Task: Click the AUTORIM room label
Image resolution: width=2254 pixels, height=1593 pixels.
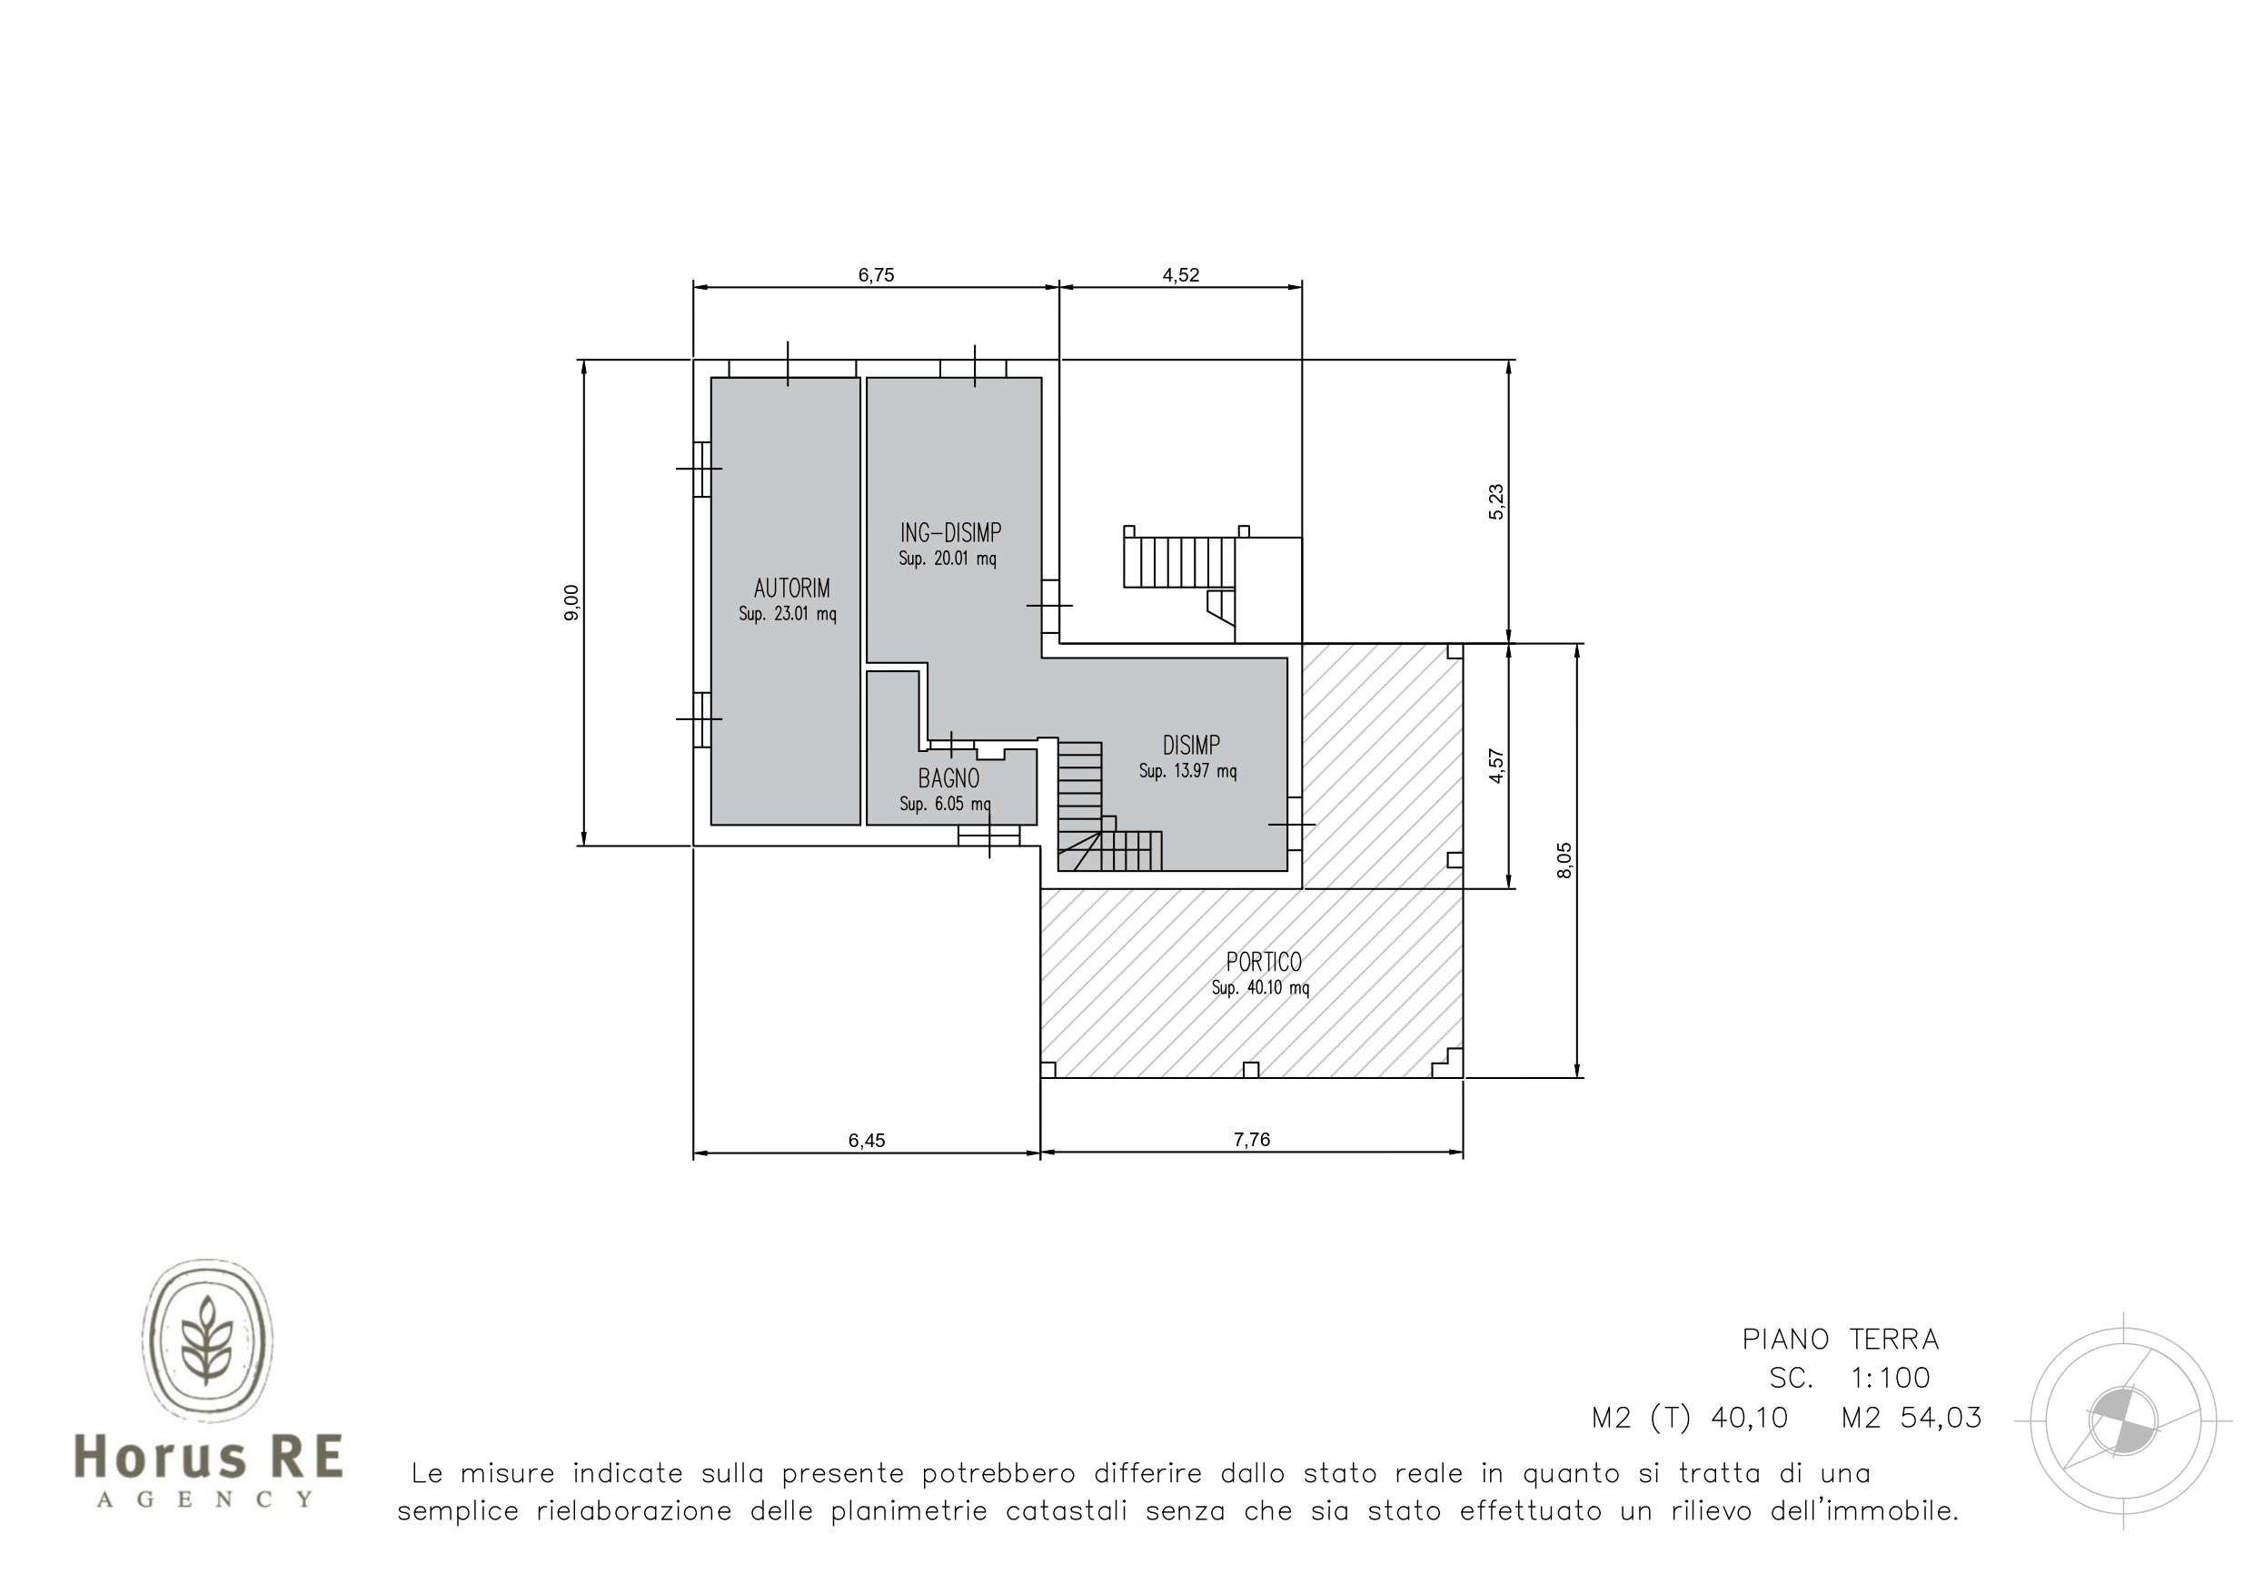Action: [791, 588]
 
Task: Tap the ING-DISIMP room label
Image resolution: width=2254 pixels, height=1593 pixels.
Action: [950, 533]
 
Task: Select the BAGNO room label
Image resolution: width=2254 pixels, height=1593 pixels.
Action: [948, 778]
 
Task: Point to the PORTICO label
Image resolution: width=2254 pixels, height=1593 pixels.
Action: [1264, 962]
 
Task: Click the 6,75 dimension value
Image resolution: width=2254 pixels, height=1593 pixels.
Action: [876, 275]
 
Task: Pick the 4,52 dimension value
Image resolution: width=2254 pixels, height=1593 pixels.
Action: [1181, 275]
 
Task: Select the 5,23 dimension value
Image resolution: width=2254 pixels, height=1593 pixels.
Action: [1496, 501]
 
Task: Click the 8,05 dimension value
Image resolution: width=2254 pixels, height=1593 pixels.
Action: [1564, 860]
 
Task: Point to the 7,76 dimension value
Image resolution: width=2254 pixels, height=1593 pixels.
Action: [1252, 1139]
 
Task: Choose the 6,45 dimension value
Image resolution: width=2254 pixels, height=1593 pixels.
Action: [867, 1140]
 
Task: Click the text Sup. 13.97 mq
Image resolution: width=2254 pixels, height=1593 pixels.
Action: [1187, 771]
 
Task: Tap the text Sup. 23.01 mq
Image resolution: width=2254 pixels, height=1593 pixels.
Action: [788, 615]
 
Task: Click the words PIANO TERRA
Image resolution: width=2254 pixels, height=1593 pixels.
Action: [1841, 1339]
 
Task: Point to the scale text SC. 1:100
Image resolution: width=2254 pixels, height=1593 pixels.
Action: [1850, 1378]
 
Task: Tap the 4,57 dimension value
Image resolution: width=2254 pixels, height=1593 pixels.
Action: [1496, 766]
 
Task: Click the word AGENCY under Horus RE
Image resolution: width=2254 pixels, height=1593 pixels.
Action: [206, 1499]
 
